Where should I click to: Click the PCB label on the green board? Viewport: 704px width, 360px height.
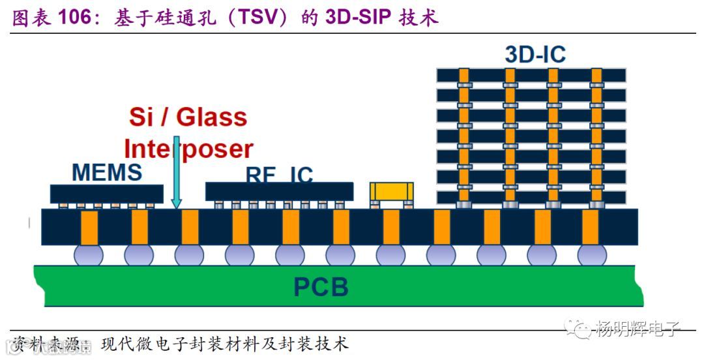point(321,287)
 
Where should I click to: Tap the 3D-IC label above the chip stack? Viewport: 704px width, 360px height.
point(535,54)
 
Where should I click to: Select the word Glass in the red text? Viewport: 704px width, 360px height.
point(212,117)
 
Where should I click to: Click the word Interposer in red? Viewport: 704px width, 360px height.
point(188,149)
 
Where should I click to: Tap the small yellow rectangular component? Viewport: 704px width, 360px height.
point(391,191)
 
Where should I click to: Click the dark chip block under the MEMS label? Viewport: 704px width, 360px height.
point(107,193)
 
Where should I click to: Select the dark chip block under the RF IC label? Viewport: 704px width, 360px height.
point(279,191)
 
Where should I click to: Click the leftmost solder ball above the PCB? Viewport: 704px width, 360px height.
point(89,254)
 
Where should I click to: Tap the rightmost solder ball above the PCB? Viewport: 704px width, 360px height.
point(592,254)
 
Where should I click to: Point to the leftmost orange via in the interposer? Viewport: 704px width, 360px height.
point(89,227)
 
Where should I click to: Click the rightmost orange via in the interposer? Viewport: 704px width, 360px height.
point(591,227)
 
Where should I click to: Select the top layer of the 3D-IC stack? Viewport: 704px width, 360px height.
point(531,75)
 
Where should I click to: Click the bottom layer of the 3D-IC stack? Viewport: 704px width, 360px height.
point(531,197)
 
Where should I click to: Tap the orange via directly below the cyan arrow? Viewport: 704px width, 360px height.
point(189,227)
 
